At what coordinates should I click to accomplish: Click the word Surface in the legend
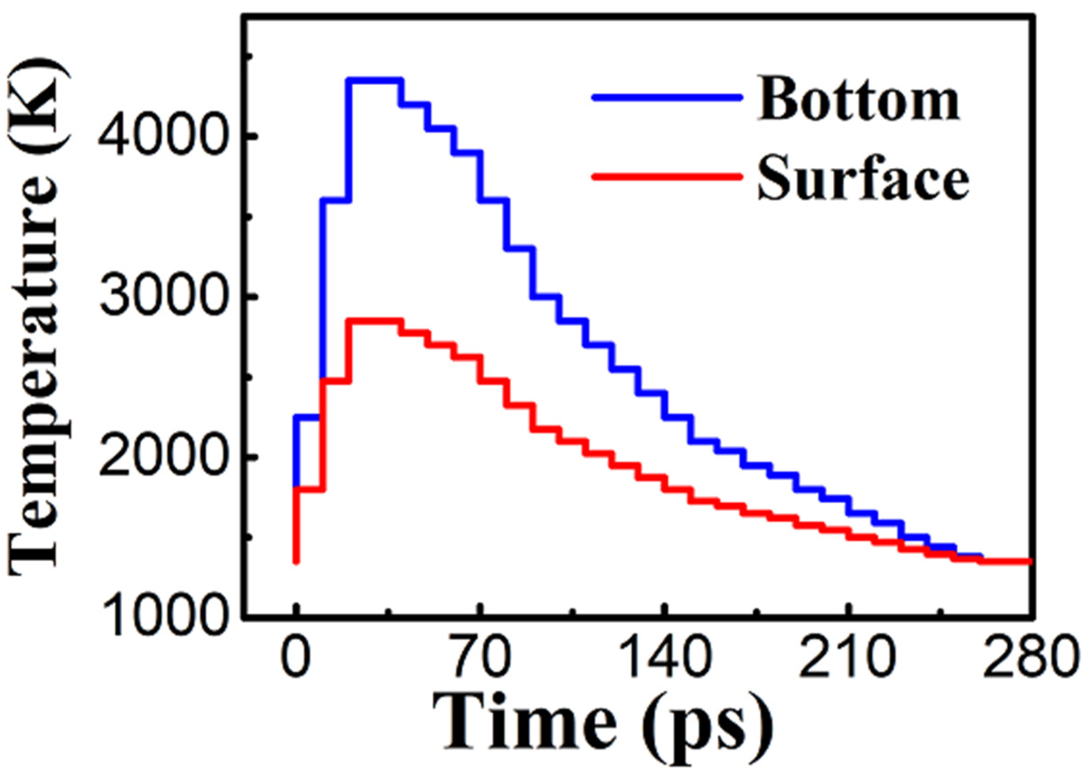(x=862, y=179)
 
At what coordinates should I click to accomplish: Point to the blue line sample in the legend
(x=666, y=98)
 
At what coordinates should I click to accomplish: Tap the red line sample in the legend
(x=666, y=177)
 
